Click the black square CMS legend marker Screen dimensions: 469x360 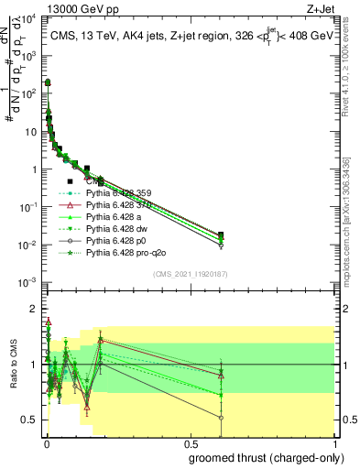[70, 181]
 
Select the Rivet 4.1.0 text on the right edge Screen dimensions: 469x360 [351, 64]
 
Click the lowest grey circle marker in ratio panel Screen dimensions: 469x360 [220, 417]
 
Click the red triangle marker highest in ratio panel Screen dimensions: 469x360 [48, 322]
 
